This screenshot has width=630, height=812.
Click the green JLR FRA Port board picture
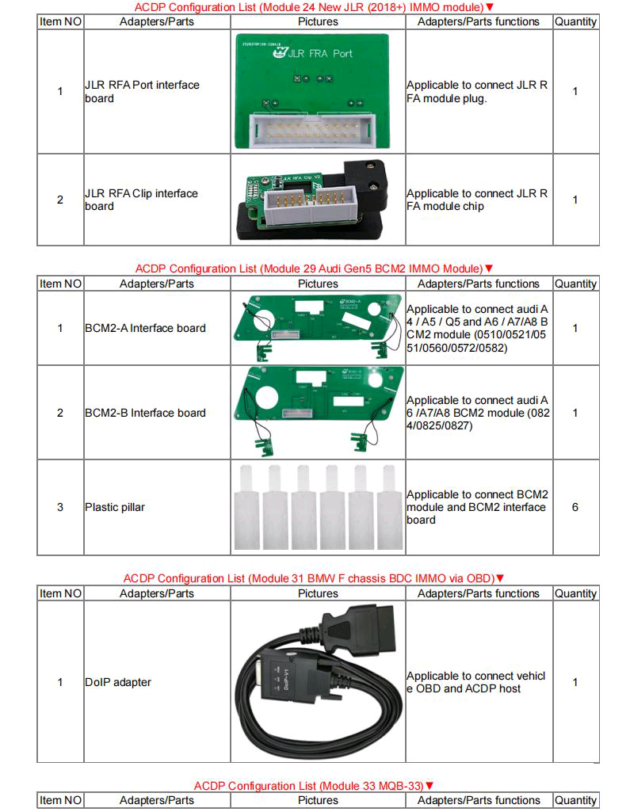[318, 91]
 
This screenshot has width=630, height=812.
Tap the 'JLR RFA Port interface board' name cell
[142, 91]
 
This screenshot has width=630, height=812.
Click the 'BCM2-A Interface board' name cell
[145, 328]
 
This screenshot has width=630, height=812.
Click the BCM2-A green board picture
[318, 327]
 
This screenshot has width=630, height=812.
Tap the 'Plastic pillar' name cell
[115, 507]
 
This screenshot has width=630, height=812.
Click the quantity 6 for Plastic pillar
[575, 507]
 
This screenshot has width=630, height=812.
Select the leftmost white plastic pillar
[246, 507]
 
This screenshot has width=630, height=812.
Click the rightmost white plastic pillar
[389, 507]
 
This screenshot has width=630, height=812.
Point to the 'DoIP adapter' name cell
[118, 682]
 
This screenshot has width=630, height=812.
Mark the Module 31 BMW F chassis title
[314, 578]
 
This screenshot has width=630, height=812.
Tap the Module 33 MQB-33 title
[314, 786]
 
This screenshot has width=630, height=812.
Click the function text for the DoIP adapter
[475, 682]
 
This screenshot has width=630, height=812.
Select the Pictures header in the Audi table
[318, 284]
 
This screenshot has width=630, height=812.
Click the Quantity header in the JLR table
[575, 21]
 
